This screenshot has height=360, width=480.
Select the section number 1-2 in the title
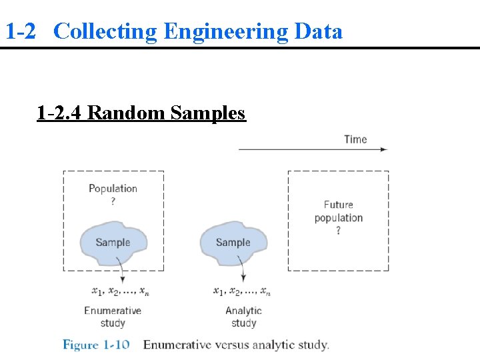pyautogui.click(x=20, y=31)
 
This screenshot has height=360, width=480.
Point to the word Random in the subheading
pyautogui.click(x=127, y=113)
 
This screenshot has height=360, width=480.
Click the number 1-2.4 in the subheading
pyautogui.click(x=59, y=113)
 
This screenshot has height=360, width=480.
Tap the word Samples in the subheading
pyautogui.click(x=208, y=113)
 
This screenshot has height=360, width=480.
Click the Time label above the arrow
pyautogui.click(x=355, y=139)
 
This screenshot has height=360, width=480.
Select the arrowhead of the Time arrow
pyautogui.click(x=383, y=149)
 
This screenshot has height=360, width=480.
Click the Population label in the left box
pyautogui.click(x=113, y=189)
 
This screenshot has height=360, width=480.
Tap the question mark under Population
pyautogui.click(x=113, y=201)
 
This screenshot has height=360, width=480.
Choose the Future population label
pyautogui.click(x=338, y=211)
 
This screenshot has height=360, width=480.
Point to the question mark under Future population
pyautogui.click(x=338, y=231)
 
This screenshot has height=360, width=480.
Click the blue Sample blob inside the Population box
pyautogui.click(x=113, y=243)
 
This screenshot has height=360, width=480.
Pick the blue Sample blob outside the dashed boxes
pyautogui.click(x=233, y=243)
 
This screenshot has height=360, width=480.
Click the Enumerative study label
pyautogui.click(x=113, y=317)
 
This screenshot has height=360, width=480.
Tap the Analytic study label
pyautogui.click(x=243, y=317)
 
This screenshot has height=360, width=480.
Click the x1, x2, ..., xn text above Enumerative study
pyautogui.click(x=121, y=291)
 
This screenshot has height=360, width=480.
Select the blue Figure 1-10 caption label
pyautogui.click(x=96, y=345)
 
